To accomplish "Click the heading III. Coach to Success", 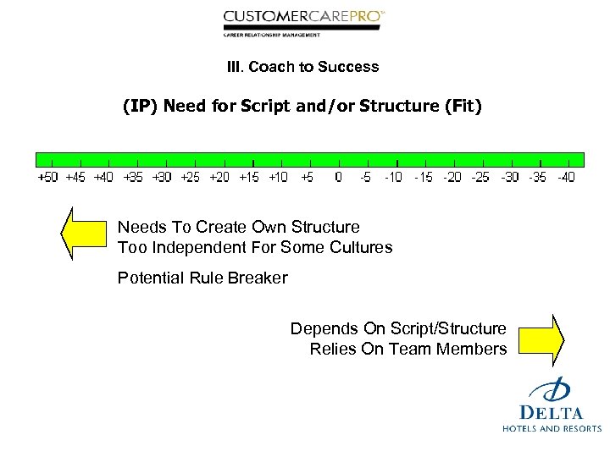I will point(302,66).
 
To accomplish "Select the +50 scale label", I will point(49,177).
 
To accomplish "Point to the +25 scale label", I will point(191,177).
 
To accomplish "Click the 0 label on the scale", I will point(338,177).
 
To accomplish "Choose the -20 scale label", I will point(452,177).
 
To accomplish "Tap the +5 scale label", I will point(307,177).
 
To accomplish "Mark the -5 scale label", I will point(366,177).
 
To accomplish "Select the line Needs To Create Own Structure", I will point(238,227).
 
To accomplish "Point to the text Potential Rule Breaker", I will point(202,278).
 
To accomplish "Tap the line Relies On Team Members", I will point(408,349).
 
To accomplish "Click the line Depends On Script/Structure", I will point(398,328).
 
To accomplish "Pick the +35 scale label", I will point(133,177).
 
